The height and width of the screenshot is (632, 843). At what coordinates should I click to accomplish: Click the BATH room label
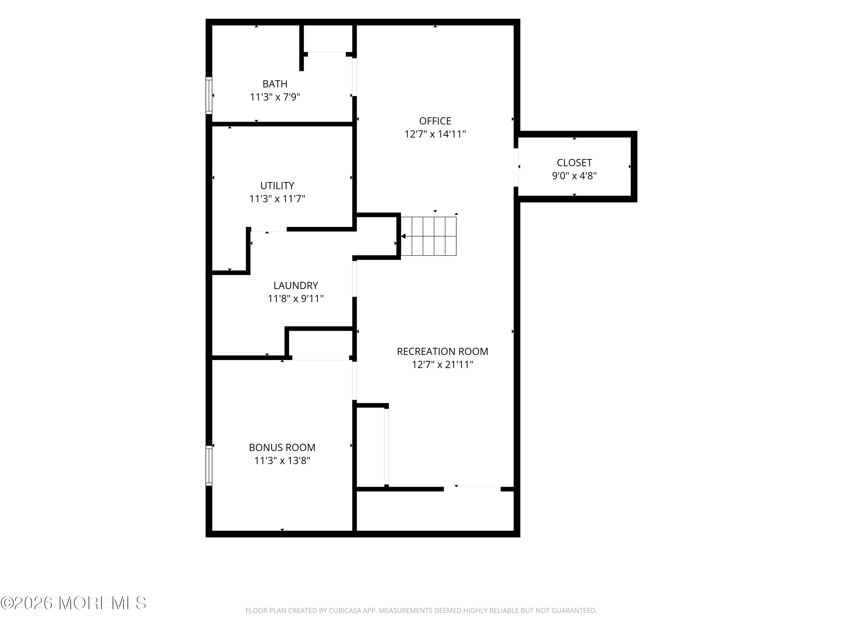275,84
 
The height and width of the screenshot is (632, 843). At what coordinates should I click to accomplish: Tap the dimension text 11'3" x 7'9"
275,97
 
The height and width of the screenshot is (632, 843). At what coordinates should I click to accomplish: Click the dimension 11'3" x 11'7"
277,199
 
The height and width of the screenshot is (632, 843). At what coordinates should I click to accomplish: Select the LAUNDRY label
296,285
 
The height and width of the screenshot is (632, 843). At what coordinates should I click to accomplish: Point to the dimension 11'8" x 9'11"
296,299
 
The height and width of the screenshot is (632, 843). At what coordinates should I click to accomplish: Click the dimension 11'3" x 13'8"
282,461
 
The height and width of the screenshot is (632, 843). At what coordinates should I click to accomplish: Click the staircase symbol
428,236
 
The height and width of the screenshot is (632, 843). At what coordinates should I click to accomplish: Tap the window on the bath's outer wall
209,95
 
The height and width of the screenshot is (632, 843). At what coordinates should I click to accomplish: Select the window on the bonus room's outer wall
209,465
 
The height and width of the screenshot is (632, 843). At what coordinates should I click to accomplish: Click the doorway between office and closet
516,167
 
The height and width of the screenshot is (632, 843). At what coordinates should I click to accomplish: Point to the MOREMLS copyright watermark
73,603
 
